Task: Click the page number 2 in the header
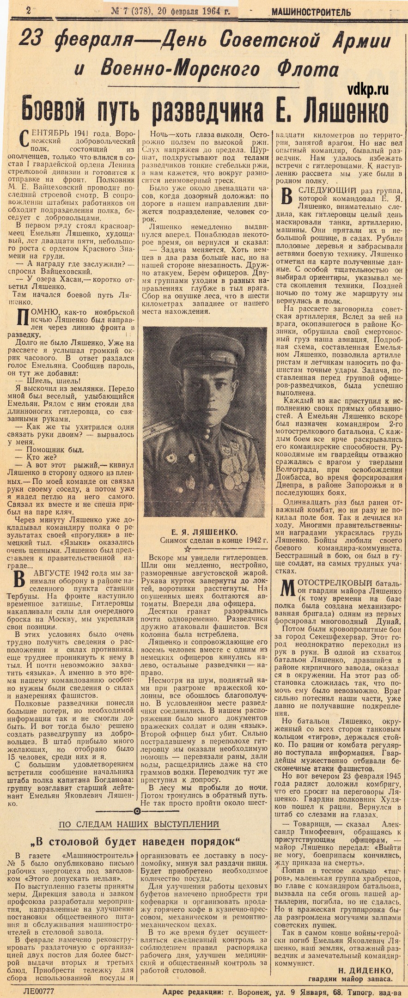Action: pos(29,11)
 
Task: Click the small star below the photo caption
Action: pos(187,549)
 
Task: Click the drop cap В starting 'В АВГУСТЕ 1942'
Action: pos(19,579)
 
